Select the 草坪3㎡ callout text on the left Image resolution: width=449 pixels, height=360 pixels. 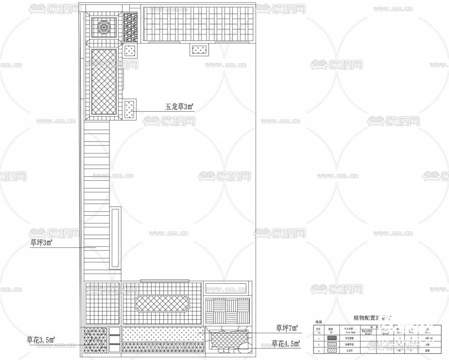41,242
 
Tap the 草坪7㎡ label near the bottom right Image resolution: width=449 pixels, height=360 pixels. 287,327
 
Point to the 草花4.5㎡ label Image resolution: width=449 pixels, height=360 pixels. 286,344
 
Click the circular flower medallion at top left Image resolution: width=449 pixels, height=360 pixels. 104,27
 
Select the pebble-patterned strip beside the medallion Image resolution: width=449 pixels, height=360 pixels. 130,27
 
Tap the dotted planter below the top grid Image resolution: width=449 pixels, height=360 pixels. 199,49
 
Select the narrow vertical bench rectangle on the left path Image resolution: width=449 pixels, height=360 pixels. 116,238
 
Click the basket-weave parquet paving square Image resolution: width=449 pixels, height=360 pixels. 227,309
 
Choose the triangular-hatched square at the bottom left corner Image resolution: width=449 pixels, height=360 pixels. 95,340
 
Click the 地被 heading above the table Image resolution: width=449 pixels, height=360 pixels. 319,322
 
